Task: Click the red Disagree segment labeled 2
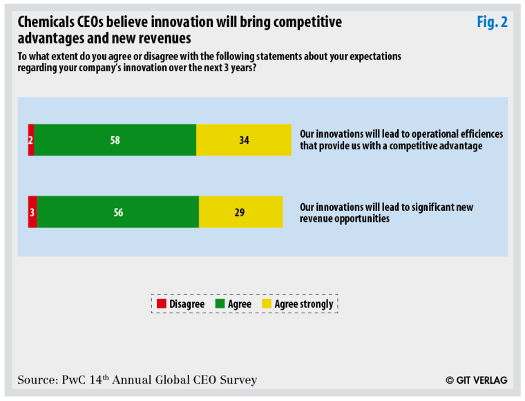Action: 31,140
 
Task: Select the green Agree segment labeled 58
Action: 115,140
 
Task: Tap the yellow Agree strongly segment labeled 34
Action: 244,140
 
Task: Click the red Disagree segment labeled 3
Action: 32,212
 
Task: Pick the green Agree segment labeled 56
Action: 118,212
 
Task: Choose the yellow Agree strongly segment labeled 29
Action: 240,212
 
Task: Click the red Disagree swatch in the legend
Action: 162,304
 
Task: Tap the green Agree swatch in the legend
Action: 220,304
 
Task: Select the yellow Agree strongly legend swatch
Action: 267,304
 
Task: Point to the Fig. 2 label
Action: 492,22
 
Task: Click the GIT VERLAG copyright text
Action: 477,380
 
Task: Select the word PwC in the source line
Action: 72,380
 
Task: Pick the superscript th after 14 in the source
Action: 106,376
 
